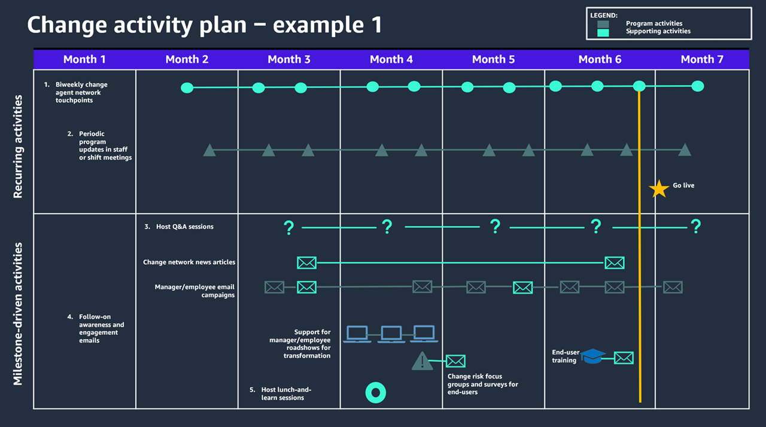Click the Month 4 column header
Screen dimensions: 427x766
(391, 59)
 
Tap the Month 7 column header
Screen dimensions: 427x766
(702, 59)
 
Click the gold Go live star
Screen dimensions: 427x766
(659, 188)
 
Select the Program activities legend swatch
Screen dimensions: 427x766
(603, 24)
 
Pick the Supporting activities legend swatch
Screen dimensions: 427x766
(603, 32)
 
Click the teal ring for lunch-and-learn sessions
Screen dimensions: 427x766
(376, 392)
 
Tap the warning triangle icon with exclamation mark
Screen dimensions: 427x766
(422, 361)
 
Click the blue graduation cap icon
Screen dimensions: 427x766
(592, 356)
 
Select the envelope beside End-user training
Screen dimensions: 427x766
(624, 358)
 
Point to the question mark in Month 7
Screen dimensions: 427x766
(695, 227)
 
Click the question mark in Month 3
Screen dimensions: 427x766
(289, 227)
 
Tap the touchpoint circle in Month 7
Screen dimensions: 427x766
(698, 86)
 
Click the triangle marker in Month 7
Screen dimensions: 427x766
(685, 150)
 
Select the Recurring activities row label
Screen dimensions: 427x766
(18, 146)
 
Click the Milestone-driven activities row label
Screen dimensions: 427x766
(18, 313)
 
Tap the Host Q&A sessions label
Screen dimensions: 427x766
(184, 227)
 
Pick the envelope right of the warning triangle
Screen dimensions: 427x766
(455, 361)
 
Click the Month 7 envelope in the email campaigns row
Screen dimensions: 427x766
(673, 287)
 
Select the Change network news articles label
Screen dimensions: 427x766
(189, 262)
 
